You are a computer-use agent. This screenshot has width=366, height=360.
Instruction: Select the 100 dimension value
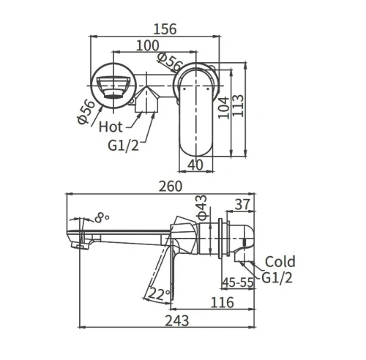149,45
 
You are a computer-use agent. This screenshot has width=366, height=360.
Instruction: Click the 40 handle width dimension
195,165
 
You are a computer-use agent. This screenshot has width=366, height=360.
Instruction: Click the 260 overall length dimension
170,187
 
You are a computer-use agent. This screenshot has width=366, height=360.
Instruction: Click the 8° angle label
102,217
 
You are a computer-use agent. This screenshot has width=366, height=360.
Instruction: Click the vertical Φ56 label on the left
86,111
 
